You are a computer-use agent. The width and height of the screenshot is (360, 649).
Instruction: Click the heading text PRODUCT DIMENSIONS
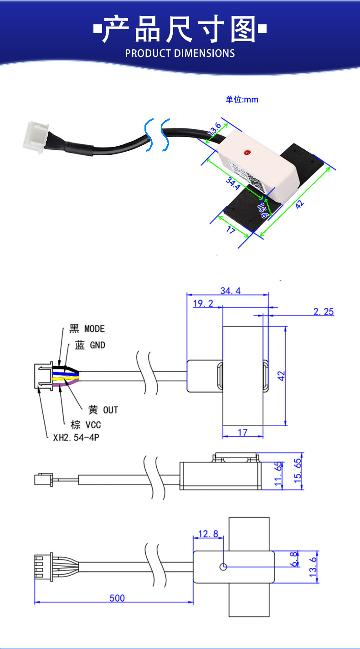[x=180, y=53]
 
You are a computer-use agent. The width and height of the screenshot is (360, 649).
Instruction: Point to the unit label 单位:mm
[x=242, y=99]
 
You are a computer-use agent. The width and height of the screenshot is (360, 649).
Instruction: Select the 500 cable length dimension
[x=117, y=598]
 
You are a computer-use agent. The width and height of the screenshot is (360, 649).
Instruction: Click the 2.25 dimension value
[x=324, y=312]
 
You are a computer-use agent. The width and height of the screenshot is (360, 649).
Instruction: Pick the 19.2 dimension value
[x=203, y=304]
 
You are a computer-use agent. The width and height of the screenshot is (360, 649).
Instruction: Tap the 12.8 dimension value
[x=209, y=534]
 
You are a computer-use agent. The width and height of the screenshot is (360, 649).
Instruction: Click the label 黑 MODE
[x=87, y=329]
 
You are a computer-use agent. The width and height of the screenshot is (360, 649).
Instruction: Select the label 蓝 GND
[x=90, y=345]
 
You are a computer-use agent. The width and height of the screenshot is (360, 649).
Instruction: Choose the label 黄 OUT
[x=103, y=410]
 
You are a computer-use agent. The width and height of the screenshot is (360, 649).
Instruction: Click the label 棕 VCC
[x=86, y=425]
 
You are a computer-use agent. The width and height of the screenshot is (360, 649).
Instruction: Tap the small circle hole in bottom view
[x=223, y=567]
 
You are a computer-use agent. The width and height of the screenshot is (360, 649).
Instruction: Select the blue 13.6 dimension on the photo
[x=214, y=129]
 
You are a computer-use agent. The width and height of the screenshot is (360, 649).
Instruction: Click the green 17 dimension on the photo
[x=231, y=231]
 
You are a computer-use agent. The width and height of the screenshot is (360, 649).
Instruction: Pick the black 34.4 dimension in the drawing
[x=230, y=291]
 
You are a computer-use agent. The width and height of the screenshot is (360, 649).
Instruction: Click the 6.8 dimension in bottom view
[x=294, y=559]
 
